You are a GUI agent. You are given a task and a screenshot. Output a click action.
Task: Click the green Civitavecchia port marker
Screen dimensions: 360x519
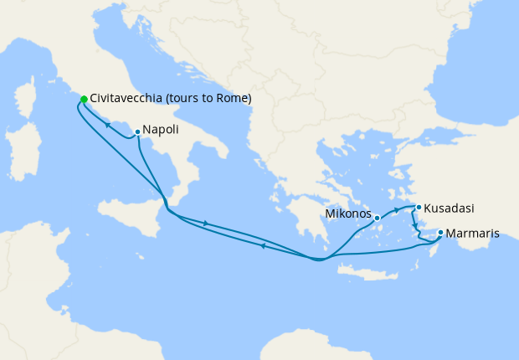pyautogui.click(x=84, y=100)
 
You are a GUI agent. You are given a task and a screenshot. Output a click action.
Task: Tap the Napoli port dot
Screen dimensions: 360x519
pyautogui.click(x=137, y=131)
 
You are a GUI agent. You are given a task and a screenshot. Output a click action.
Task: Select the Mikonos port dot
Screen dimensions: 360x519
pyautogui.click(x=377, y=218)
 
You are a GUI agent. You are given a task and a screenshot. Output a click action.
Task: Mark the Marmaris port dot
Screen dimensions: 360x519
pyautogui.click(x=440, y=233)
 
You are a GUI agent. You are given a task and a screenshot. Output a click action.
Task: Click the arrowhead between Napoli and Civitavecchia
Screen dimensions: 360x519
pyautogui.click(x=108, y=125)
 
